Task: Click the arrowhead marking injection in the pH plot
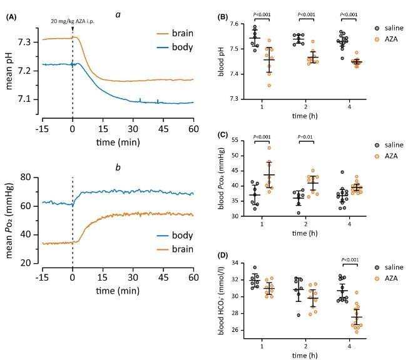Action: [73, 29]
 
